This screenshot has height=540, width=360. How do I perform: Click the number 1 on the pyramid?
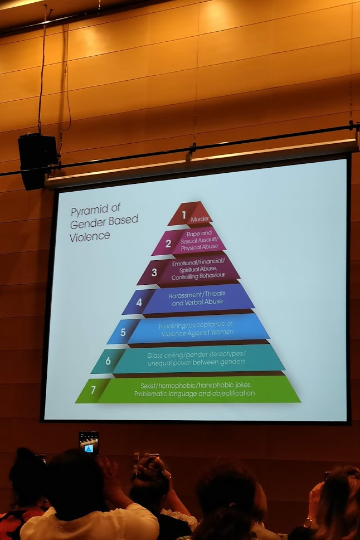(184, 212)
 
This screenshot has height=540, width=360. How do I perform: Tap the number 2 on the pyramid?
(168, 243)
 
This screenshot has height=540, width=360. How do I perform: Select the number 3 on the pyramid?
(154, 273)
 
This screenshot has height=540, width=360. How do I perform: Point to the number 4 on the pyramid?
(139, 303)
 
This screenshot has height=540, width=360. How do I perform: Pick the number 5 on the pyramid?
(123, 331)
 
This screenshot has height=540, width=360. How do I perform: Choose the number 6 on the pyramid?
(108, 361)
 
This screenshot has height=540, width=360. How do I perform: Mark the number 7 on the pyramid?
(93, 390)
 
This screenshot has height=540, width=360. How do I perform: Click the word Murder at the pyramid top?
(200, 219)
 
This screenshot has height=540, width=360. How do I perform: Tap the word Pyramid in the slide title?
(86, 211)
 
